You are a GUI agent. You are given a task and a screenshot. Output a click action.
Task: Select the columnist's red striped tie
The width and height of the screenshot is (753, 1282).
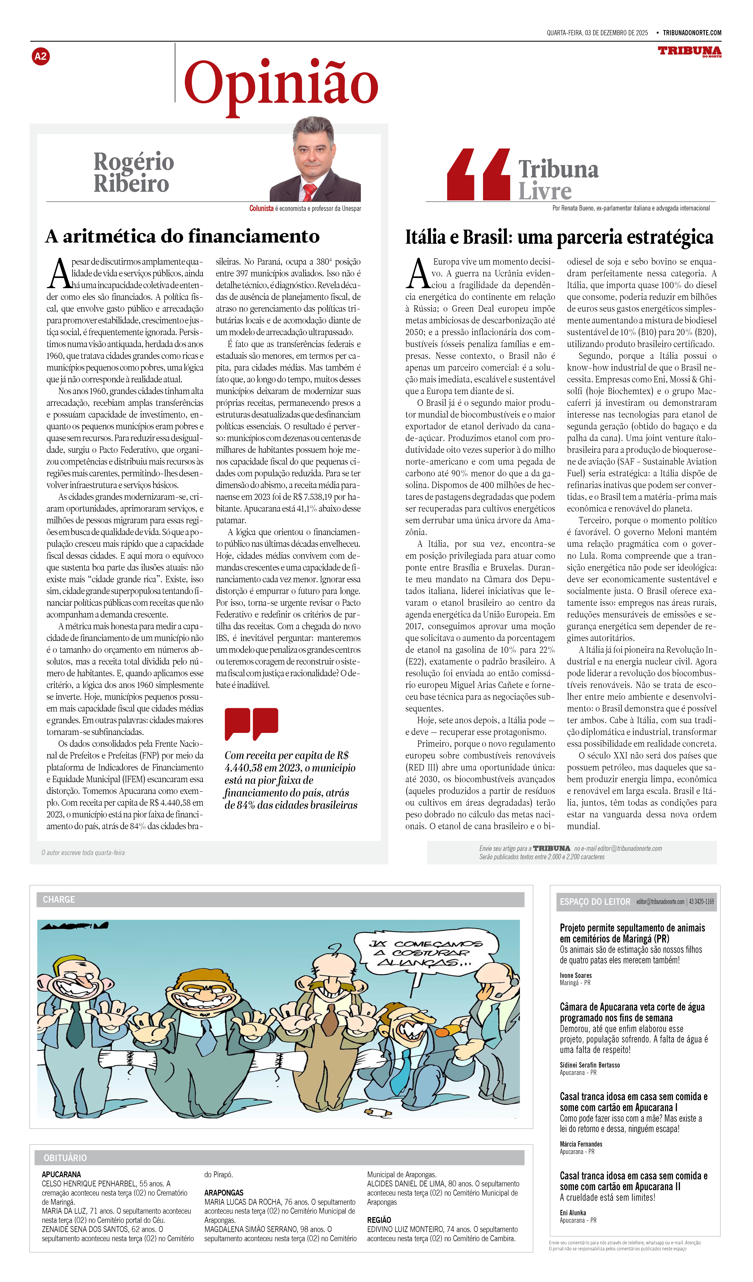[309, 192]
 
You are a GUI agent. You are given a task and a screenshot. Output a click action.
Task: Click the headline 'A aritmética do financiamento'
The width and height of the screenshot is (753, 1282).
[182, 237]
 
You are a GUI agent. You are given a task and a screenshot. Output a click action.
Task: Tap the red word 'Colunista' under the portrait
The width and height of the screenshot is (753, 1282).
[261, 208]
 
